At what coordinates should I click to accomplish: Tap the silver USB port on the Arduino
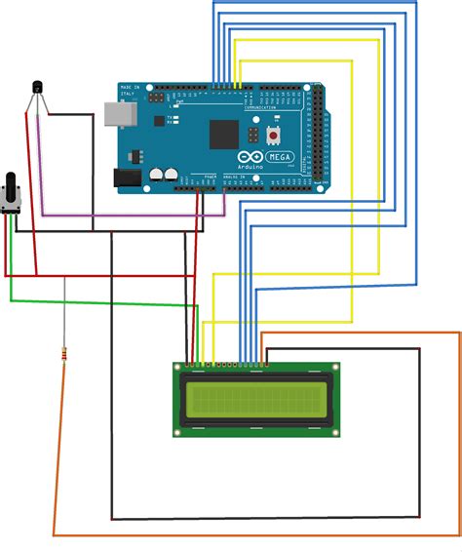click(114, 113)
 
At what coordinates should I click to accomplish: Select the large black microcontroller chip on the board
click(223, 134)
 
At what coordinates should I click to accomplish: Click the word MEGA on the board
click(278, 157)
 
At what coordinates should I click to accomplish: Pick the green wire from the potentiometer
click(97, 299)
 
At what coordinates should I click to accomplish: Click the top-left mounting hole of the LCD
click(178, 368)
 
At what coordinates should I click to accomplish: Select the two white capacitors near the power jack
click(163, 176)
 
